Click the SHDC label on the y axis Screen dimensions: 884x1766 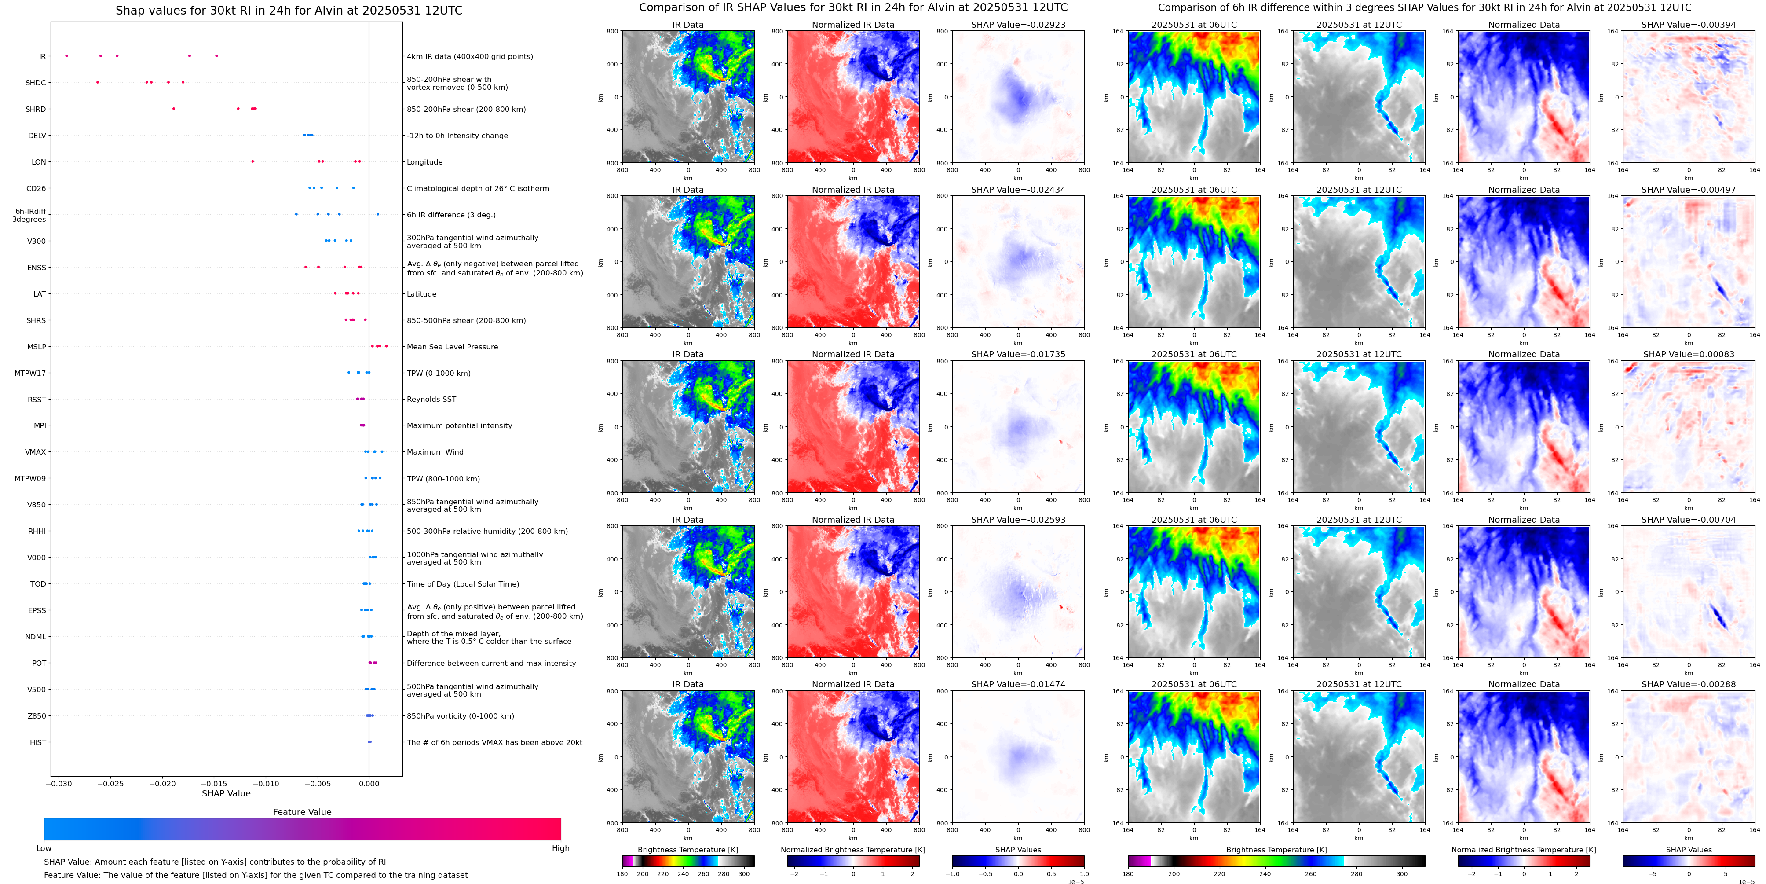click(x=36, y=83)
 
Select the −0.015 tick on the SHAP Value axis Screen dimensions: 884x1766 click(x=215, y=784)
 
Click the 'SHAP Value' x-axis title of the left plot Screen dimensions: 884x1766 click(x=226, y=793)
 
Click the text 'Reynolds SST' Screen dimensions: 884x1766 click(x=431, y=399)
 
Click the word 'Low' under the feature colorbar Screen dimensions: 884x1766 click(x=44, y=848)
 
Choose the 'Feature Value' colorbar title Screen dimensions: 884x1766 click(x=302, y=812)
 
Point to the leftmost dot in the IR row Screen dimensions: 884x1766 click(x=66, y=55)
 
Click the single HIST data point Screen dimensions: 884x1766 click(x=369, y=742)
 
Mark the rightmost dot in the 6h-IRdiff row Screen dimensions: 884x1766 click(x=378, y=214)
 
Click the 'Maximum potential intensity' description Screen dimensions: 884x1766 click(x=459, y=426)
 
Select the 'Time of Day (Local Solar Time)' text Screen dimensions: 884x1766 click(x=462, y=584)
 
